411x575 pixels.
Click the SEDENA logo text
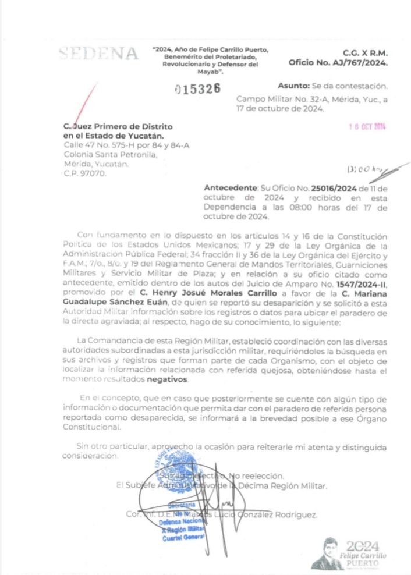pyautogui.click(x=98, y=55)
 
